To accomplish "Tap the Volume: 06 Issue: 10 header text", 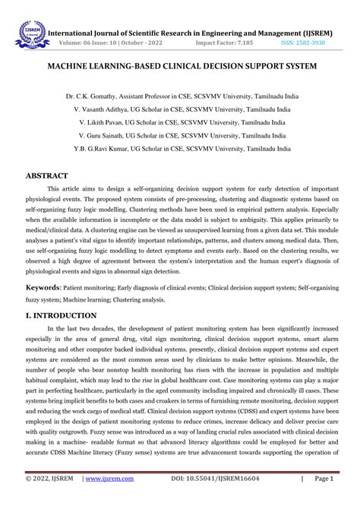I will (x=111, y=43).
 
